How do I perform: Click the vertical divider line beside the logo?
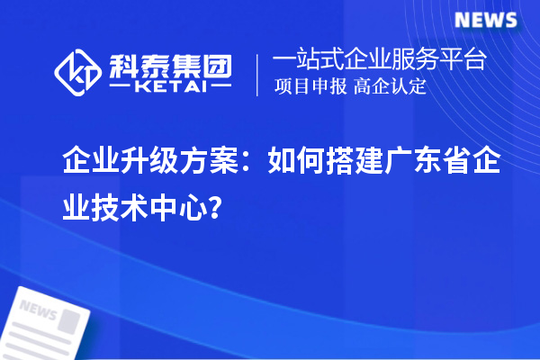tap(259, 75)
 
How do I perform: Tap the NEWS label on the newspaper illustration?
tap(38, 310)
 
